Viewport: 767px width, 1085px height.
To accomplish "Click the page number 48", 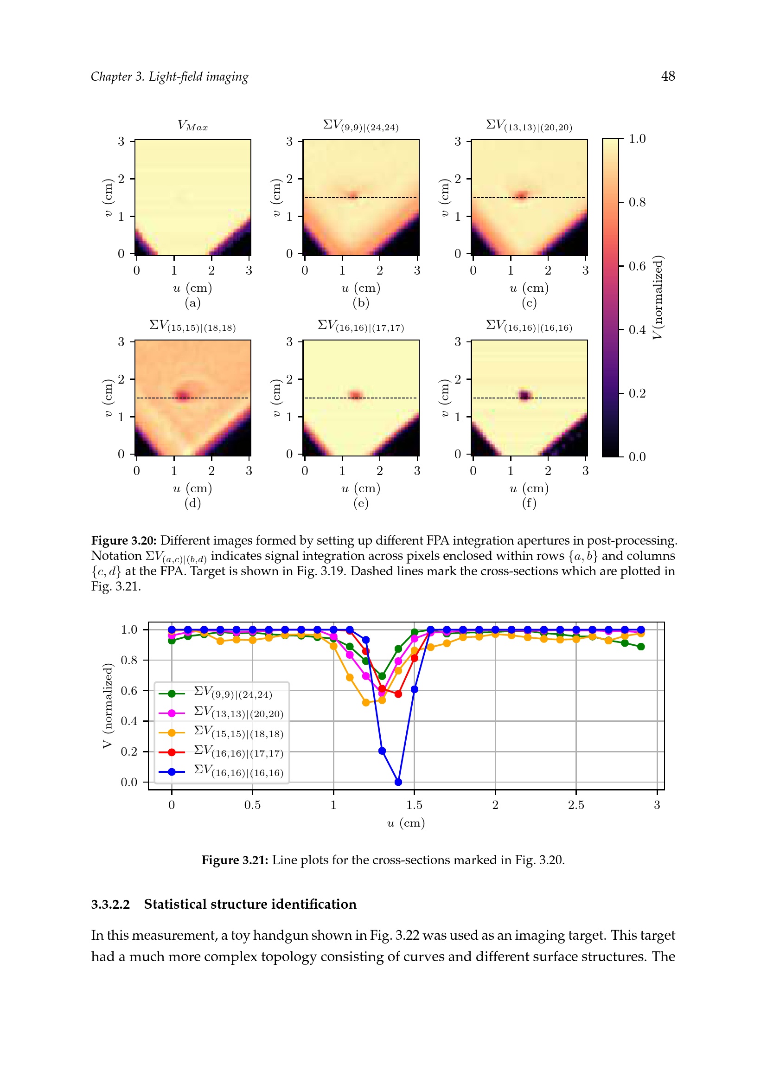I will coord(668,76).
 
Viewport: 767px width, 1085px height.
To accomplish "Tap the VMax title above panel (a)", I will coord(193,126).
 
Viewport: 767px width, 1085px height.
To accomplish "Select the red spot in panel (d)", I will coord(183,395).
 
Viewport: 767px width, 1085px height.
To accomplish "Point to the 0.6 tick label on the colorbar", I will coord(637,267).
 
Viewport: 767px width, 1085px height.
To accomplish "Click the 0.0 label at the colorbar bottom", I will coord(637,457).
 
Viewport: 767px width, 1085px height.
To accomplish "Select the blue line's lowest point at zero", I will coord(398,782).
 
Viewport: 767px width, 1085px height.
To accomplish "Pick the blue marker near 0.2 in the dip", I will coord(382,751).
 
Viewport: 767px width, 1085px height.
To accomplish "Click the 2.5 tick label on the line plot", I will coord(576,805).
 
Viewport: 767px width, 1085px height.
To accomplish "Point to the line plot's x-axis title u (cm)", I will coord(406,823).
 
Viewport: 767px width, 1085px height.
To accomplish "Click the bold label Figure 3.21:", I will coord(235,860).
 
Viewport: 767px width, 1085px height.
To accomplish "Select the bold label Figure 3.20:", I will coord(124,540).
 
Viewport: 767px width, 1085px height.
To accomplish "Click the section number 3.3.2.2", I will coord(110,905).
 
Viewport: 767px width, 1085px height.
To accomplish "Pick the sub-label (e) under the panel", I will coord(361,503).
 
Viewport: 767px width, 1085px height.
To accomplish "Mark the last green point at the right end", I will coord(641,647).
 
